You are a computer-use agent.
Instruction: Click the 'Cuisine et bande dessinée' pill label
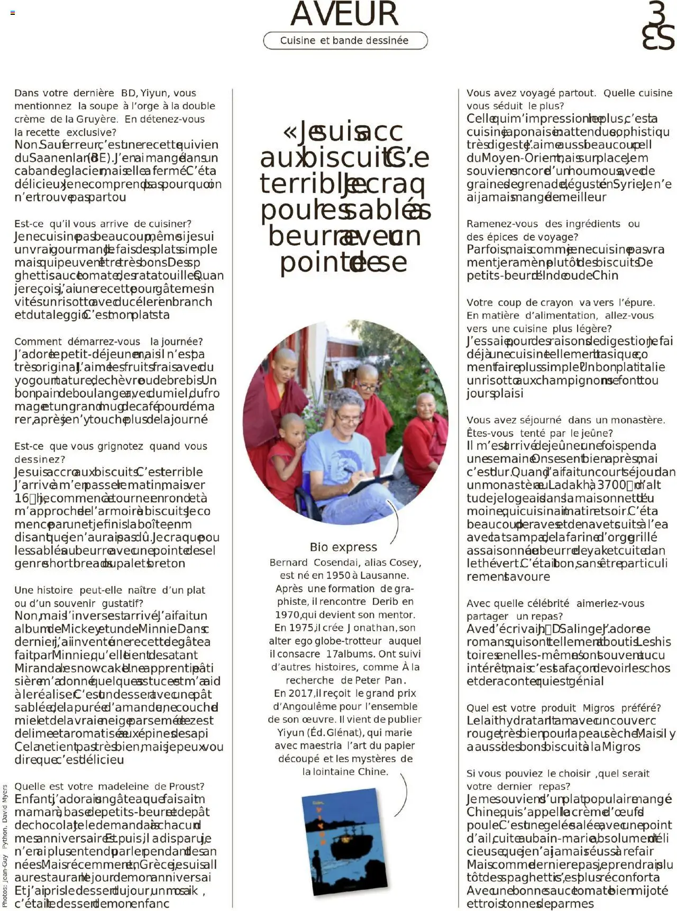coord(344,41)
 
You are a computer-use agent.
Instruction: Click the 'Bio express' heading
coord(343,547)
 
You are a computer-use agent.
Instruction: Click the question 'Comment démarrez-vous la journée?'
coord(108,342)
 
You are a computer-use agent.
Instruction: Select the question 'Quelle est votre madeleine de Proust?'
coord(109,786)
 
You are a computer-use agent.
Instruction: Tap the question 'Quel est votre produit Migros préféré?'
coord(563,708)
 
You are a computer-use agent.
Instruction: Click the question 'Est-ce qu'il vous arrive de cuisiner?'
coord(103,224)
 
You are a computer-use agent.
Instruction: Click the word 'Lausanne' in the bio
coord(385,575)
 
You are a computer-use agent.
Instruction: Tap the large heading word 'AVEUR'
coord(344,14)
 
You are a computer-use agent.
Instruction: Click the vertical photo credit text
coord(5,846)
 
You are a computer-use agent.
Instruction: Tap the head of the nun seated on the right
coord(426,405)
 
